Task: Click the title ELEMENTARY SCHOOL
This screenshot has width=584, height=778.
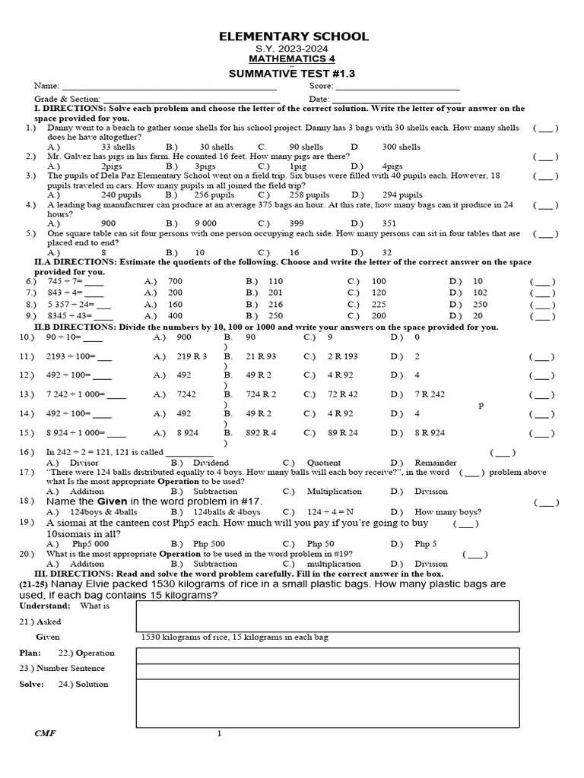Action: (294, 36)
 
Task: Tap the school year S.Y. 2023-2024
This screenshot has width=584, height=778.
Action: (294, 49)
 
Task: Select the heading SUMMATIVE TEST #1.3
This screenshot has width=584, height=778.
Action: (293, 73)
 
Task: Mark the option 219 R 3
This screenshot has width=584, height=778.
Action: (192, 356)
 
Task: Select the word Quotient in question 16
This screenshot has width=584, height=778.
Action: (323, 463)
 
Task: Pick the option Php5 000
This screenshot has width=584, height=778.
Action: (90, 545)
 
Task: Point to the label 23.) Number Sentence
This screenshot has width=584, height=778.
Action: (62, 669)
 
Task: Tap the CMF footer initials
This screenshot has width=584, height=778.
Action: (45, 733)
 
